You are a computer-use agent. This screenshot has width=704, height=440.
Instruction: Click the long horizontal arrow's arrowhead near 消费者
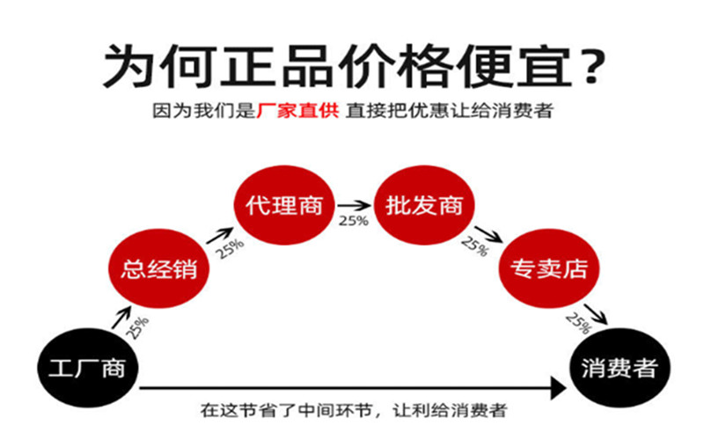click(x=556, y=385)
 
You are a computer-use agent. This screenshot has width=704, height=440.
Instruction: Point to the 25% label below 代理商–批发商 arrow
click(x=353, y=221)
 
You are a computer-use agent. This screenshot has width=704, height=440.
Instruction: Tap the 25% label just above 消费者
click(x=578, y=323)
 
